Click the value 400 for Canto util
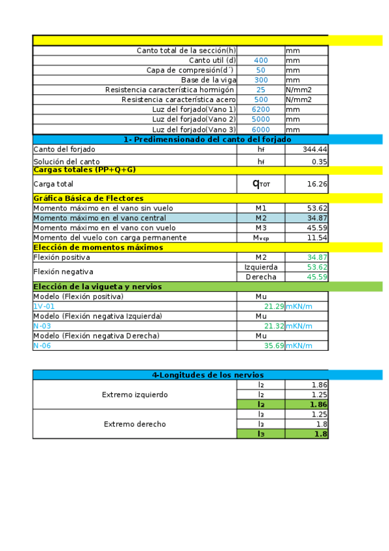(x=260, y=60)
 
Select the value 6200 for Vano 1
(x=260, y=110)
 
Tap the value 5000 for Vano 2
(x=260, y=120)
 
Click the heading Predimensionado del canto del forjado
(x=207, y=139)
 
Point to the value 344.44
(x=315, y=149)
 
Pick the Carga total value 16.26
(x=318, y=184)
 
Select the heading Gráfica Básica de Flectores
(x=88, y=198)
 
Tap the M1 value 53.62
(x=318, y=208)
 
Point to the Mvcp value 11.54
(x=318, y=238)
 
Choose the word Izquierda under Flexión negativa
(x=261, y=267)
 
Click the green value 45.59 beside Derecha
(x=318, y=277)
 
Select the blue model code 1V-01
(x=44, y=307)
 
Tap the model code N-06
(x=42, y=346)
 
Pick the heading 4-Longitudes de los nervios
(x=207, y=375)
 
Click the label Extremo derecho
(x=134, y=424)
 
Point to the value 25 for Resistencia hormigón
(x=260, y=90)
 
